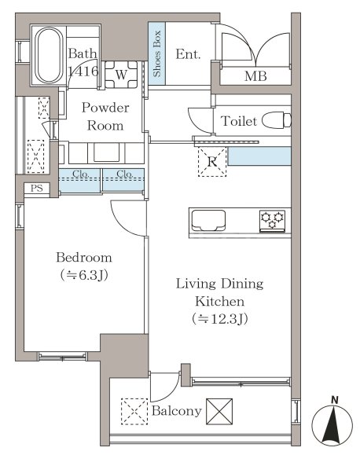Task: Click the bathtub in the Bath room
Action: [x=49, y=55]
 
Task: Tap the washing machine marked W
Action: [x=121, y=75]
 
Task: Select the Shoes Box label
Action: [x=156, y=53]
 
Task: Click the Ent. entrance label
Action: [x=188, y=54]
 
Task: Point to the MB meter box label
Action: [x=255, y=76]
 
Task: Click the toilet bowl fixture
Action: [x=277, y=120]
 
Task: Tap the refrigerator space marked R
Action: [x=212, y=162]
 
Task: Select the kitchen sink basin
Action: [x=208, y=221]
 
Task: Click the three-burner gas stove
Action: [x=272, y=221]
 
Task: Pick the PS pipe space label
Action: [x=37, y=189]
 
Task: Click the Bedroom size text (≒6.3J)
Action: [x=84, y=275]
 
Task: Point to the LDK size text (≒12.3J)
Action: [x=220, y=319]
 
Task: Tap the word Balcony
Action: [x=177, y=411]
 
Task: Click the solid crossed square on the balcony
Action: [x=219, y=412]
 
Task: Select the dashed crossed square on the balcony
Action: [x=134, y=412]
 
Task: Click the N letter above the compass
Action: [x=334, y=401]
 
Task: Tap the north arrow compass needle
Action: [x=332, y=424]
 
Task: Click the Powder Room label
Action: [x=105, y=116]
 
